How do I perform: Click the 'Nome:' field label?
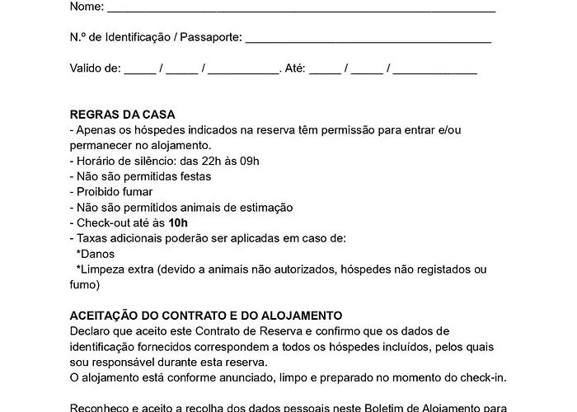tap(87, 7)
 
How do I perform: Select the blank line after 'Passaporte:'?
tap(368, 40)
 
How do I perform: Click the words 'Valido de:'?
tap(95, 68)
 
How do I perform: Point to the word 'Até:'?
tap(293, 68)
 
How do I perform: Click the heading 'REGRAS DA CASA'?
tap(123, 115)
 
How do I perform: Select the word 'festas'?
tap(195, 176)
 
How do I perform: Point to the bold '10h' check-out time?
tap(178, 222)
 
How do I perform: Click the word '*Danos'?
tap(95, 254)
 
